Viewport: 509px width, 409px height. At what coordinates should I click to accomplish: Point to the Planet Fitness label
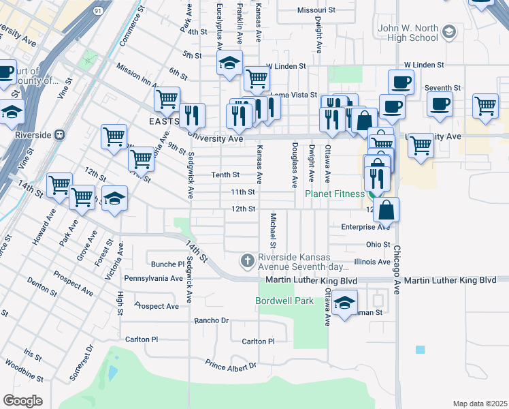(334, 194)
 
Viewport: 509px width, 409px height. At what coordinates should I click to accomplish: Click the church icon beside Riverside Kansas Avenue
(247, 260)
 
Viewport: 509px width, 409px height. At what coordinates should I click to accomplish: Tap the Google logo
(22, 400)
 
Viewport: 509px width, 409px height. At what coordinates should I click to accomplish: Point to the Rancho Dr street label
(209, 321)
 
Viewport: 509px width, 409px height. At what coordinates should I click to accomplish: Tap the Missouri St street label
(317, 10)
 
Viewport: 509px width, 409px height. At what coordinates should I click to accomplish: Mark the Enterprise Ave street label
(365, 226)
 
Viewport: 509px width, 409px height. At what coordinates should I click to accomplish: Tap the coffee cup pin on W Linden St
(401, 82)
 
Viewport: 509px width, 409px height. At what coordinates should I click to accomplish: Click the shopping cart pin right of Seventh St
(485, 105)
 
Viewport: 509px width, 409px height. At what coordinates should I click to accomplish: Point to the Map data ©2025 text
(479, 404)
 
